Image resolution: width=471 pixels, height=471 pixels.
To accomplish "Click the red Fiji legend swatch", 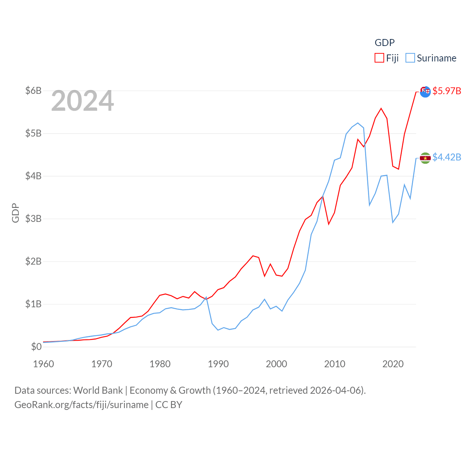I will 379,58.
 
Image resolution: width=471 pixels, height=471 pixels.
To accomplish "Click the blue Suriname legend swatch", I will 410,58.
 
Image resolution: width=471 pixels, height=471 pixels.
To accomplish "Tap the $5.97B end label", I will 447,91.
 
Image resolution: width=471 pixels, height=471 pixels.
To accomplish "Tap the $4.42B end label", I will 447,157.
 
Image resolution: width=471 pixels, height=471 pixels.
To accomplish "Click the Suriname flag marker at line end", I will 425,158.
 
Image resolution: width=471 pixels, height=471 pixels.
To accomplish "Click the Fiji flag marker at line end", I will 425,92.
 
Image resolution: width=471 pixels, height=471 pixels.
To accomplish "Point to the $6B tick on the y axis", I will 33,91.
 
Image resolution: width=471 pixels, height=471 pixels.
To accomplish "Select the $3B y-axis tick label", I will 33,219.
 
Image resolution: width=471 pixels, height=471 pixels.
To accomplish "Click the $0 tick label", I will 36,347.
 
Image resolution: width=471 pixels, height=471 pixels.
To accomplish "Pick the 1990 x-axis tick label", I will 218,364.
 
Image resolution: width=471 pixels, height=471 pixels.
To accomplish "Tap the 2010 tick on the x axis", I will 334,364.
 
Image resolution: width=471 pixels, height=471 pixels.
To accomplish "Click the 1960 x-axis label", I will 43,364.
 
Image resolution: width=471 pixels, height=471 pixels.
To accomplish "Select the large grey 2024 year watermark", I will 82,101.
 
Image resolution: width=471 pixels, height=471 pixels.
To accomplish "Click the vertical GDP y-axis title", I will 15,213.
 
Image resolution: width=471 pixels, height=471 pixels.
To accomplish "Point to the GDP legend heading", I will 385,43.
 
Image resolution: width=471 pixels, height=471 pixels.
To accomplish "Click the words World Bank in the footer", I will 98,390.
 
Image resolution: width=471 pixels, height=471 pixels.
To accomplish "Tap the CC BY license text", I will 169,405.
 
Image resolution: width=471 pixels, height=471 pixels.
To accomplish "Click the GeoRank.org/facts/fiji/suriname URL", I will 81,405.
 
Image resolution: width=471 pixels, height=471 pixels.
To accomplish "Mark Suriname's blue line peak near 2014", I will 358,123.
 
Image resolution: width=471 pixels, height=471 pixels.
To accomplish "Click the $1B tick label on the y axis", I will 33,304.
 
